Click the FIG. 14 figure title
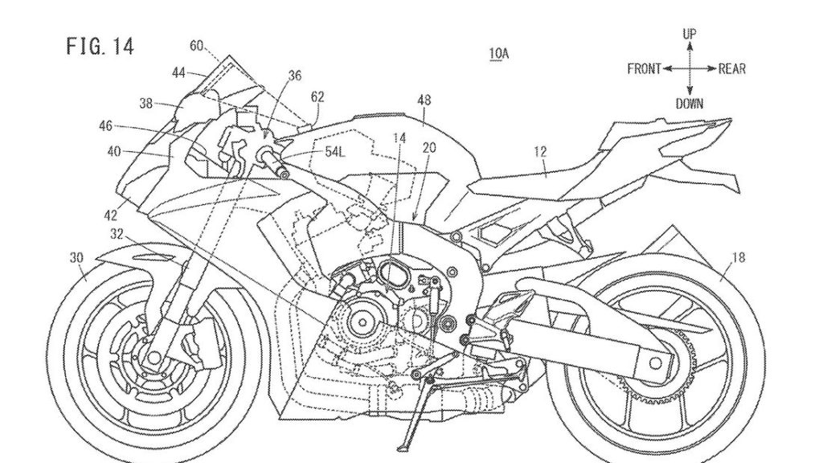[100, 46]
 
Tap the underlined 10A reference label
[498, 54]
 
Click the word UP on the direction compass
[689, 34]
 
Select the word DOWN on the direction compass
[690, 103]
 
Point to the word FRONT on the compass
[644, 69]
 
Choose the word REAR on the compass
[731, 69]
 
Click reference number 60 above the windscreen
[197, 47]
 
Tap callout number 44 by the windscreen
[178, 72]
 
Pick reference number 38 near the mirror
[145, 102]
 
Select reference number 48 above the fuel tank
[424, 100]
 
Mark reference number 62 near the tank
[317, 97]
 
